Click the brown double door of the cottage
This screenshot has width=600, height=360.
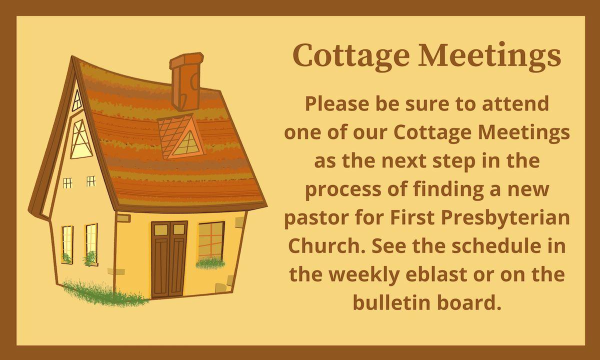169,260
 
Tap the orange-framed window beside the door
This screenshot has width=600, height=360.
210,241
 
